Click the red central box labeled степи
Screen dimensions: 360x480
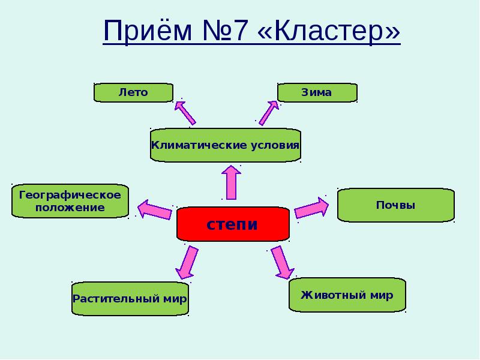pos(233,224)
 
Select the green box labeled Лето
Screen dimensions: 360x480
pos(133,92)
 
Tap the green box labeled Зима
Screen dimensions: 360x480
pos(317,92)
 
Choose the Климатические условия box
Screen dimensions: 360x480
pos(225,145)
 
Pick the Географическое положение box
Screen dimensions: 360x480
pos(70,201)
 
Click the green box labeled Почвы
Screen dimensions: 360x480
pos(395,205)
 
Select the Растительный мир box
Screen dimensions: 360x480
pos(130,298)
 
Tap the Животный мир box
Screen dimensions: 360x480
pos(347,295)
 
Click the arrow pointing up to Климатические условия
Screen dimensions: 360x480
pos(231,182)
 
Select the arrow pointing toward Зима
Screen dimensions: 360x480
pos(269,112)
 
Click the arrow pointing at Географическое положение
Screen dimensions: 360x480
pos(155,209)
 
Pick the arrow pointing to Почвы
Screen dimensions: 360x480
pos(311,208)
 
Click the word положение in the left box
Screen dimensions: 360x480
pos(70,208)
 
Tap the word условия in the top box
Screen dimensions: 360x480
pos(274,145)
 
